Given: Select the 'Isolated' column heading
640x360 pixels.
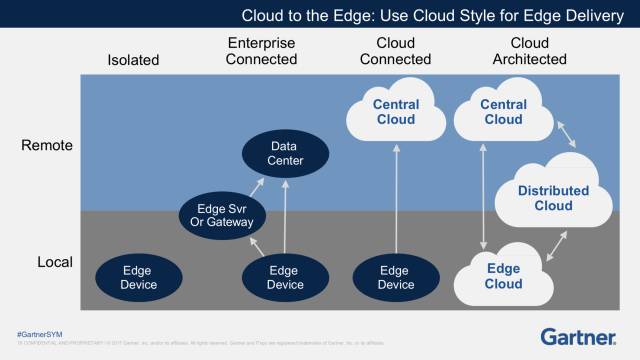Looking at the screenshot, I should [x=133, y=60].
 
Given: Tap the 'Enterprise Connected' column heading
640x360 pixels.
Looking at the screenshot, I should [x=262, y=51].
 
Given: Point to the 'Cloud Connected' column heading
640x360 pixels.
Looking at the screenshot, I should [x=395, y=51].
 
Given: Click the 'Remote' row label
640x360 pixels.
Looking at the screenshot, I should [x=47, y=146].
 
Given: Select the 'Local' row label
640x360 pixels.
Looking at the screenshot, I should [x=52, y=262].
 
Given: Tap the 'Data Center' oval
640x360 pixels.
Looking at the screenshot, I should [x=285, y=153].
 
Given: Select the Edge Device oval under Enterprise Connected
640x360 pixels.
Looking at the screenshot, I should [x=285, y=277].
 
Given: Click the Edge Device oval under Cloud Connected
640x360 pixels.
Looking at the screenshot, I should [x=395, y=277].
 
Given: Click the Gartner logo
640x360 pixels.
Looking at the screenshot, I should [x=581, y=335].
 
